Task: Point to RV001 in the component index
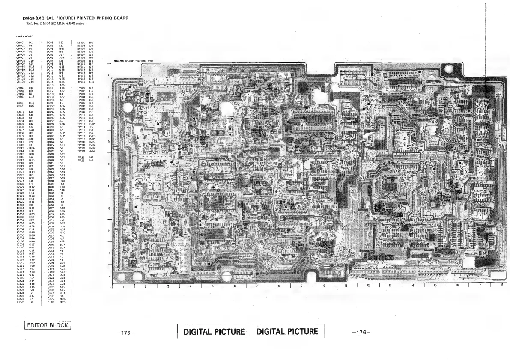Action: [x=81, y=42]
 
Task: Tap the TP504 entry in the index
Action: [x=81, y=151]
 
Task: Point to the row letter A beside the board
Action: [x=108, y=75]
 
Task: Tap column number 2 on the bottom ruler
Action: [x=146, y=286]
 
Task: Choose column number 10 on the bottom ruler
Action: [x=323, y=286]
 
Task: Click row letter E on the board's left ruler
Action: [x=108, y=164]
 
